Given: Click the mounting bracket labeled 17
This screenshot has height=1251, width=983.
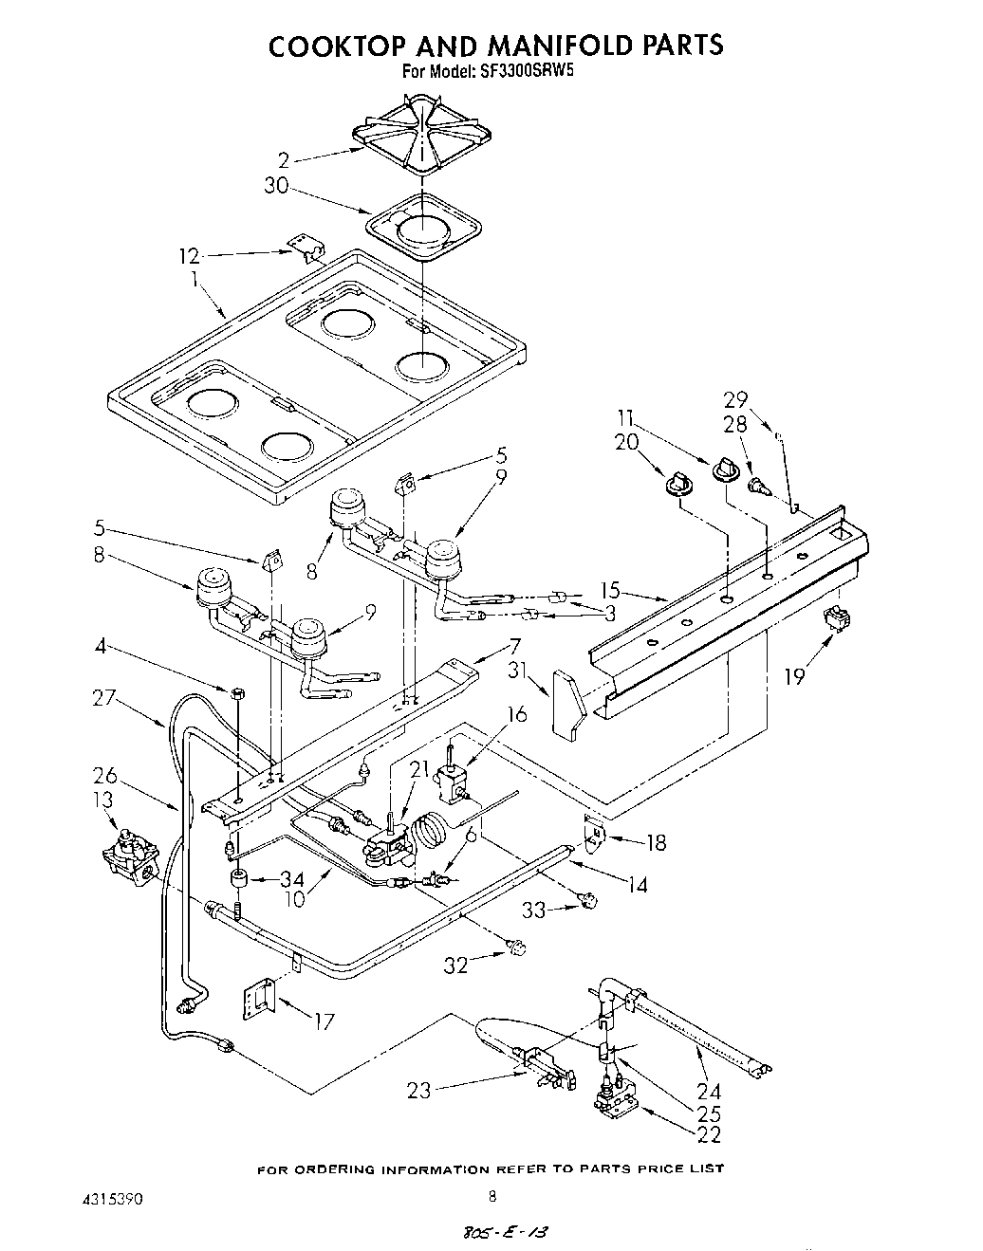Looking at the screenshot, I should [x=259, y=999].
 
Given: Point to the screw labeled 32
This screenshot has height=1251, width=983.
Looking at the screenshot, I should [x=517, y=947].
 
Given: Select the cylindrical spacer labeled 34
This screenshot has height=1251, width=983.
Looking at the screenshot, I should [x=240, y=879].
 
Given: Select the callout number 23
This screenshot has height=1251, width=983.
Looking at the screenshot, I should [x=418, y=1091].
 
